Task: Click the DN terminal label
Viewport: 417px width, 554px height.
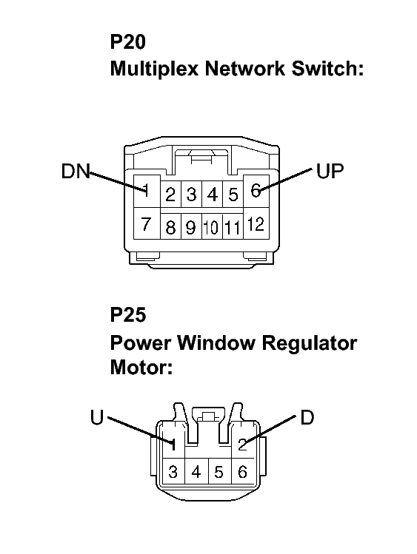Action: (76, 171)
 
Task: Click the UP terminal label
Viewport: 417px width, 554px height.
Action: (330, 171)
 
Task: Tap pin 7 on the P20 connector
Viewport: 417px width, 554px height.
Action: (146, 223)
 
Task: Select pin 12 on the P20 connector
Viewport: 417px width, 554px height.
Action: (256, 223)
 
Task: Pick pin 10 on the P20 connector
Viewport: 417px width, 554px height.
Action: (212, 227)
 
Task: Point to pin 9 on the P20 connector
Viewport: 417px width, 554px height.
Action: (191, 227)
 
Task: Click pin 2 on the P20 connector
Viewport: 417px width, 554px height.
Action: (170, 195)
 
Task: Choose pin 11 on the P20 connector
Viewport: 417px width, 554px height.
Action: (233, 227)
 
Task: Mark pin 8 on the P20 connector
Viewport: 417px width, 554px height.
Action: (170, 227)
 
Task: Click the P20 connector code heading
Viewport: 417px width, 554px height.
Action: (128, 41)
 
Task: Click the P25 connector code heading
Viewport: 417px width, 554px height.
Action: (128, 314)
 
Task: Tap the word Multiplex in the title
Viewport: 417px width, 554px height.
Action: (154, 69)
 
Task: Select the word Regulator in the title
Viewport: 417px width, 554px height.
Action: (310, 343)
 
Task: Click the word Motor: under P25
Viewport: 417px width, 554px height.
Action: (141, 368)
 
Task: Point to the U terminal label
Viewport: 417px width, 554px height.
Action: (97, 417)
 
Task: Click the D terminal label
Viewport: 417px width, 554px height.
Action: (307, 417)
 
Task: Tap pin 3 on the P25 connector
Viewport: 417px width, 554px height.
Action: (173, 472)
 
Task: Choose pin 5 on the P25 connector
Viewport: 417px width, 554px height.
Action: (219, 472)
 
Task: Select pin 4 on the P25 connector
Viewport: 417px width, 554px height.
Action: (196, 472)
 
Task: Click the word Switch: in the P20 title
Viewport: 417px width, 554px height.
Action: (327, 68)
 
